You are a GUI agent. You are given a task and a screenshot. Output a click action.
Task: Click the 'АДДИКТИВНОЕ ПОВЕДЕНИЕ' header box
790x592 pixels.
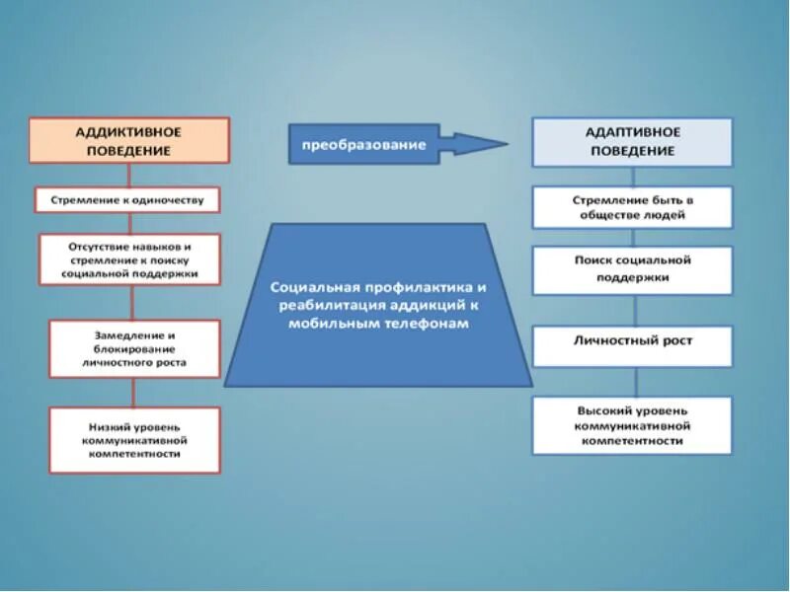click(x=128, y=140)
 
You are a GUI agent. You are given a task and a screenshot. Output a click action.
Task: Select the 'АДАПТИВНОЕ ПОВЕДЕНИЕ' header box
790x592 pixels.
click(x=632, y=142)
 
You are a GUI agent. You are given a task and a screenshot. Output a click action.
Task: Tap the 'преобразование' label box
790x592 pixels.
click(x=363, y=145)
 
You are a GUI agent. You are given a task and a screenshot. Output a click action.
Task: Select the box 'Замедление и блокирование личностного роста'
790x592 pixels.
click(x=134, y=348)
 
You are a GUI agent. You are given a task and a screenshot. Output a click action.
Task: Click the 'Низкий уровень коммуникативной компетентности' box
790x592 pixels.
click(x=134, y=440)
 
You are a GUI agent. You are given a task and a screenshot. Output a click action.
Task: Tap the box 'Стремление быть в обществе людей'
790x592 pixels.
click(x=632, y=207)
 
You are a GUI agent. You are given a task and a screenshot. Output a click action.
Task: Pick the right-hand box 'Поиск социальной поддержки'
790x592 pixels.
click(x=632, y=269)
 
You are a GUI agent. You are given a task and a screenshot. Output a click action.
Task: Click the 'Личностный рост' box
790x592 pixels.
click(x=632, y=341)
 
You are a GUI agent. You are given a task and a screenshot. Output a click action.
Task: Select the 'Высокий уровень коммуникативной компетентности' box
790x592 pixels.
click(x=632, y=425)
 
